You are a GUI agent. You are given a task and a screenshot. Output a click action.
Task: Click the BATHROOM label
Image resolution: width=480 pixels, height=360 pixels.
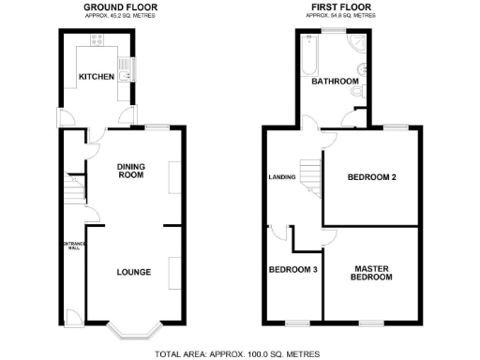click(x=335, y=82)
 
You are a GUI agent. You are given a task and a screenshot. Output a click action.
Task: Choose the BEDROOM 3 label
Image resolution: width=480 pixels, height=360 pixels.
click(x=292, y=268)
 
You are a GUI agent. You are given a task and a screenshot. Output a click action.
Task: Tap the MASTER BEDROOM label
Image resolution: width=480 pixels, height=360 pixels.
click(x=371, y=273)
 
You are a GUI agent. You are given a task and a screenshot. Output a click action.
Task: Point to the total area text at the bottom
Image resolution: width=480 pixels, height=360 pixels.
click(x=237, y=353)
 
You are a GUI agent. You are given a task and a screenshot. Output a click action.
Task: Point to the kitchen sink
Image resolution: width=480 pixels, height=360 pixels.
click(x=132, y=67)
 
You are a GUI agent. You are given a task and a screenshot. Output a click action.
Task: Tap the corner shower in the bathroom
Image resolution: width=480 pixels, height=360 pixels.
click(x=358, y=44)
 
